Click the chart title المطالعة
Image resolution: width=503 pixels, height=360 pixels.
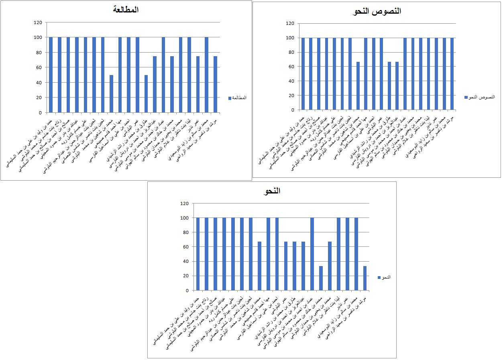coord(126,10)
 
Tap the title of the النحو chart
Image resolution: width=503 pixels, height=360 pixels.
coord(272,191)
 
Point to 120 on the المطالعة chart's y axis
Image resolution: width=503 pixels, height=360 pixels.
coord(38,23)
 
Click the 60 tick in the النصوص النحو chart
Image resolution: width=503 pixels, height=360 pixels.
coord(291,67)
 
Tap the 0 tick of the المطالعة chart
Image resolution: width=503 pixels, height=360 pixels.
coord(41,112)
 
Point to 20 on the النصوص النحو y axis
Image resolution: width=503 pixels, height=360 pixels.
coord(291,96)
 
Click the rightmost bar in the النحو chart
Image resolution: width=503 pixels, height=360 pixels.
coord(365,278)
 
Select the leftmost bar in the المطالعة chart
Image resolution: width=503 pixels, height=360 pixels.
coord(51,75)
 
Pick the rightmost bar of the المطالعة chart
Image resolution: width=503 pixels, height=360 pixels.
coord(215,84)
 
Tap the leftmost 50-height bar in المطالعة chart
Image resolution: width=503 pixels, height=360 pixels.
coord(111,94)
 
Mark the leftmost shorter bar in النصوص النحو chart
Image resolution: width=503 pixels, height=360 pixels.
coord(358,85)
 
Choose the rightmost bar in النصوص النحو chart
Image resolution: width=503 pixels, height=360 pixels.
coord(452,73)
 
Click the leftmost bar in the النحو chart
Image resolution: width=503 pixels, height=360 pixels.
coord(198,254)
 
